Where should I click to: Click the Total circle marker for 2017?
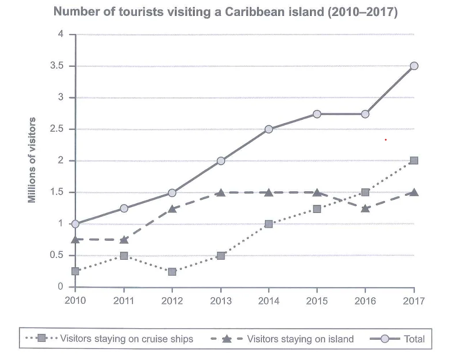point(414,66)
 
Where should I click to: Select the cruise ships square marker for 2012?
point(172,272)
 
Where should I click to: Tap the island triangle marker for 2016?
point(365,208)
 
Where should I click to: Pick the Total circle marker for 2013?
point(221,161)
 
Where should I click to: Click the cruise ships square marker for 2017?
point(414,160)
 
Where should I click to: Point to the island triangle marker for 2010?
point(75,239)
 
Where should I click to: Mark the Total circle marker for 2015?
point(317,114)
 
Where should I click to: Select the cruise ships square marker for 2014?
point(269,224)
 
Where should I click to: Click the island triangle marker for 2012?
point(172,208)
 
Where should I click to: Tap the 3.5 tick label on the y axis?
point(57,66)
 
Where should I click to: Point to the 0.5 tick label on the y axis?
point(57,255)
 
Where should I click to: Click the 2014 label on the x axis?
point(269,301)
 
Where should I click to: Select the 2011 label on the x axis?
point(124,301)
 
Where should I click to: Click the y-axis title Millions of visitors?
point(31,160)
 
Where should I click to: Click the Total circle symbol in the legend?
point(385,338)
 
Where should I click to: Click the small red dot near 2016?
point(386,140)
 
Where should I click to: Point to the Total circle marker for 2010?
point(75,224)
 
